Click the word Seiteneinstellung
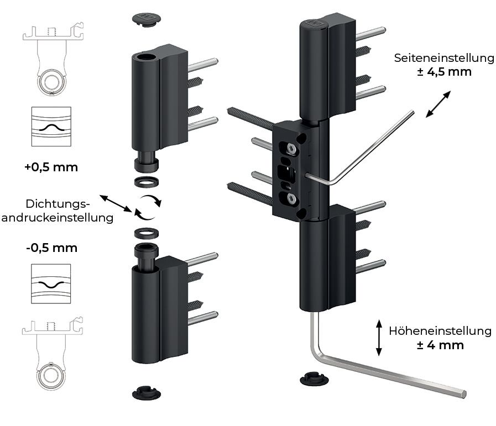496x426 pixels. [444, 59]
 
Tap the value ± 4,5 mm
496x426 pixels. [444, 72]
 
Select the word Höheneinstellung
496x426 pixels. [440, 331]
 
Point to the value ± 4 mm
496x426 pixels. [440, 345]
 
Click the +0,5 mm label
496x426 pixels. [51, 167]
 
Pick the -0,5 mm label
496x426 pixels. [51, 248]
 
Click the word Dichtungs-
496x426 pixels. [58, 204]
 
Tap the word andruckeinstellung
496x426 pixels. [58, 218]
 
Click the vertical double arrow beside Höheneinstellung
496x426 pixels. [379, 338]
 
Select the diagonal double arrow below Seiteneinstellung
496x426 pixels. [438, 104]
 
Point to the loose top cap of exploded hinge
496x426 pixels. [147, 19]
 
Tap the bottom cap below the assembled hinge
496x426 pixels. [314, 378]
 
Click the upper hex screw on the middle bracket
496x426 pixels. [291, 149]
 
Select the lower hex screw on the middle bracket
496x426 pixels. [291, 198]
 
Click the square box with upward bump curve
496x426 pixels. [51, 127]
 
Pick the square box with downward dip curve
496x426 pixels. [51, 284]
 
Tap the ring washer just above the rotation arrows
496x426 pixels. [147, 182]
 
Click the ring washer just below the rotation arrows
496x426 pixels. [147, 234]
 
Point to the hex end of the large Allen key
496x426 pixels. [464, 394]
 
